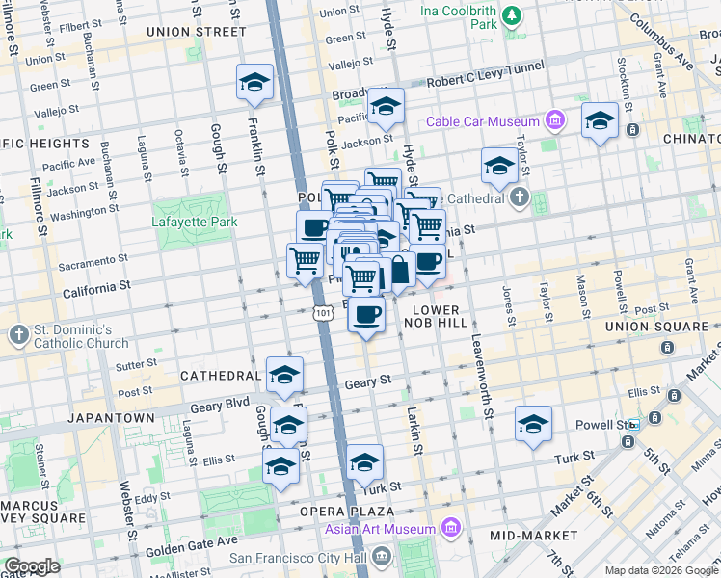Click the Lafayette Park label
[195, 222]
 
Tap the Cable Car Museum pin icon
[555, 121]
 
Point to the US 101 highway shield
[324, 313]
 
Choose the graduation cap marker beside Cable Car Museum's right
[600, 121]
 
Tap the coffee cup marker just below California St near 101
[365, 314]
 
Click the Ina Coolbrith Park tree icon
[512, 14]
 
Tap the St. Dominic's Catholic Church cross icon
[18, 334]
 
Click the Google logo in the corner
[32, 566]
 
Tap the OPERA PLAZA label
[346, 510]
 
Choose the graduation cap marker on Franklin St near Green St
[254, 83]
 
